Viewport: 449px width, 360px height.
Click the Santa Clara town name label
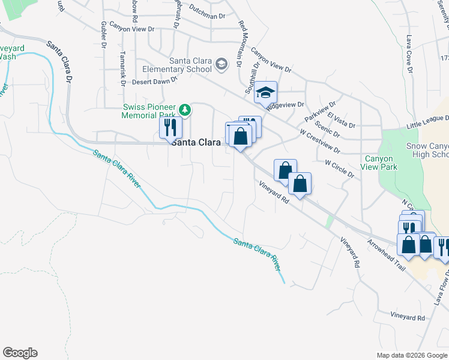tap(195, 143)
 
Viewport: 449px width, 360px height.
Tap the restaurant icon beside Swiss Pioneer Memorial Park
tap(170, 127)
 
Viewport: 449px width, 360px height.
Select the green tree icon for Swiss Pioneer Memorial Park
tap(186, 110)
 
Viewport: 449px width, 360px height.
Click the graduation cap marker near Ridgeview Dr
tap(265, 93)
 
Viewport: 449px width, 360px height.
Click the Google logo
tap(20, 353)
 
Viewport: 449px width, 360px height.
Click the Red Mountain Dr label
tap(242, 43)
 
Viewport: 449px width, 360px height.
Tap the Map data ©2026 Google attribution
tap(412, 355)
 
